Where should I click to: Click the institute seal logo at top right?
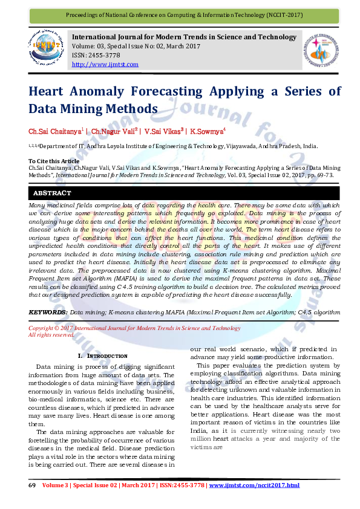tap(320, 50)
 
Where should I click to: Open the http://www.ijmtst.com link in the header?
tap(105, 64)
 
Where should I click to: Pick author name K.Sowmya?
tap(206, 131)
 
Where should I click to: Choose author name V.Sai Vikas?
tap(163, 131)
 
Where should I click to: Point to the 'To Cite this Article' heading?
tap(54, 161)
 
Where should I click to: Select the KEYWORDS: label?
tap(48, 312)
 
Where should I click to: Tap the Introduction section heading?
tap(103, 356)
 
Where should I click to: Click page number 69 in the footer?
tap(32, 485)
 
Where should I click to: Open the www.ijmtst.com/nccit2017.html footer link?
tap(254, 485)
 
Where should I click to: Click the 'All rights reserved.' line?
tap(51, 334)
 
